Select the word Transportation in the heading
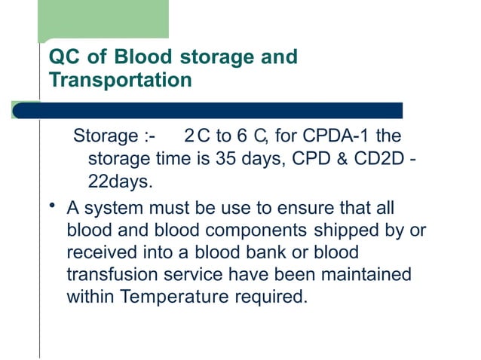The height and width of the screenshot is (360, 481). [120, 79]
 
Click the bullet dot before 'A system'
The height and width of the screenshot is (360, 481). [51, 207]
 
